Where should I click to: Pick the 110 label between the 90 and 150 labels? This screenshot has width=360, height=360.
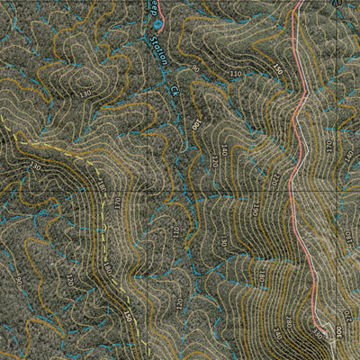pyautogui.click(x=237, y=73)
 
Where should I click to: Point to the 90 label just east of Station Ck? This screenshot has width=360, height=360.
pyautogui.click(x=194, y=67)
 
